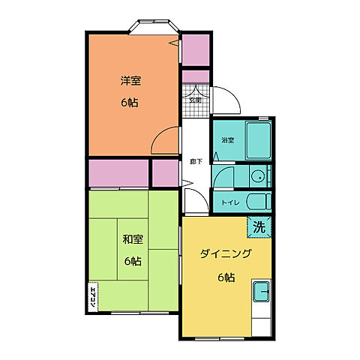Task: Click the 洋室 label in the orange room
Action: (131, 80)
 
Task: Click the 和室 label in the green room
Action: (133, 240)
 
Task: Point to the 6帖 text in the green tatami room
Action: (133, 261)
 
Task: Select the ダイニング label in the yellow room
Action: (225, 254)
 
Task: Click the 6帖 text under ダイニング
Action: (226, 277)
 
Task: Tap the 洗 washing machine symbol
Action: (259, 226)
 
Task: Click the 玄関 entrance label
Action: (194, 99)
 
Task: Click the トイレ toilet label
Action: (229, 202)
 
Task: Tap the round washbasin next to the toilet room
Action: (257, 177)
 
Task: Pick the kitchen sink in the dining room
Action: (262, 291)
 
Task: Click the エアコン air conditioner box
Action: (93, 298)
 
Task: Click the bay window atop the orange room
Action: (153, 28)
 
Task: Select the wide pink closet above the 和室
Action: (118, 172)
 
